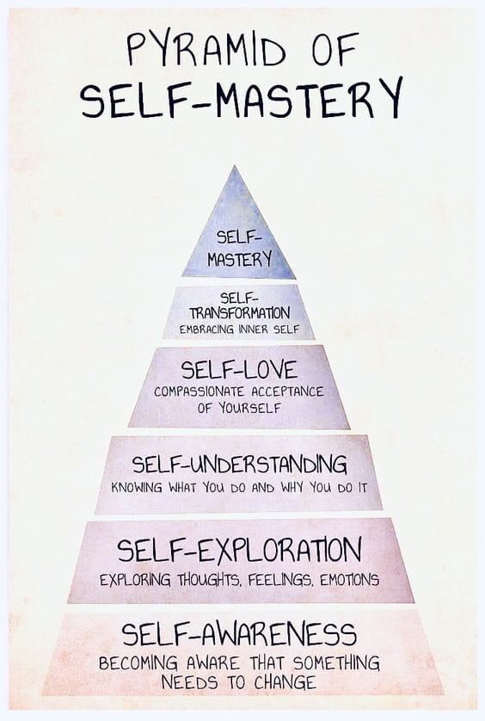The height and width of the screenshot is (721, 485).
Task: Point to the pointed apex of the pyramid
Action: click(235, 166)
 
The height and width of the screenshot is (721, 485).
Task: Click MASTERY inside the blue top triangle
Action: click(240, 259)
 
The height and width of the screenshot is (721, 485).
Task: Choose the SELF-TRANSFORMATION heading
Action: click(240, 305)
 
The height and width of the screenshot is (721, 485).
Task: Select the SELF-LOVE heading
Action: click(240, 370)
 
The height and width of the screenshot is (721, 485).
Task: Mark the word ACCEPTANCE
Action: click(287, 391)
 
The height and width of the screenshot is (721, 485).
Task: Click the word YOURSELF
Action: click(249, 408)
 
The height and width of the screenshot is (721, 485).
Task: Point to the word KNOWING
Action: click(137, 488)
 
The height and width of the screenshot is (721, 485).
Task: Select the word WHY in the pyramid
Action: click(292, 488)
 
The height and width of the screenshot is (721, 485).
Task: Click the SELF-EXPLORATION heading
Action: click(240, 551)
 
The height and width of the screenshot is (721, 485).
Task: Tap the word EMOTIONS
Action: click(350, 580)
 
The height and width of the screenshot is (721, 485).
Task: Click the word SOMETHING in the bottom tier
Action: click(336, 663)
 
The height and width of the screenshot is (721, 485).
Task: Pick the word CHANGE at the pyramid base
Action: click(285, 682)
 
